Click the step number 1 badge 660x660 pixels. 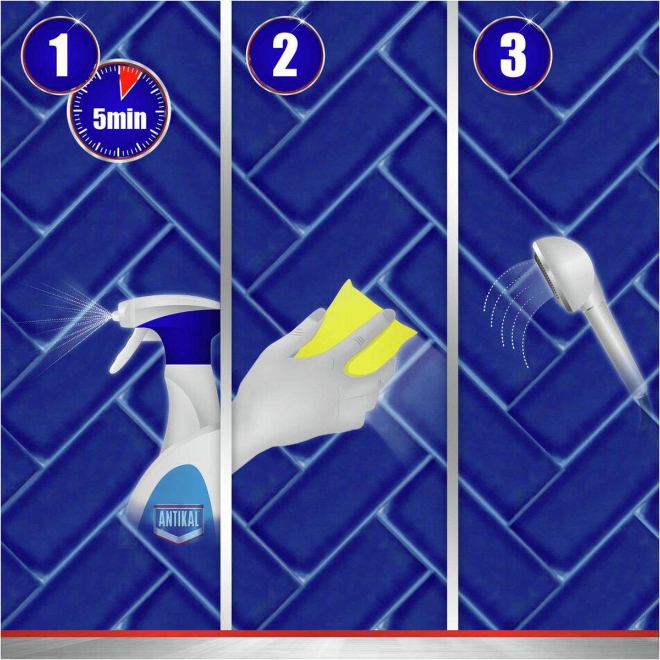[60, 55]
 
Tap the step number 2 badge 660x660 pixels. [285, 55]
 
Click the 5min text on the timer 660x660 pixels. [119, 119]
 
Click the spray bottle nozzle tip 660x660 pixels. [114, 315]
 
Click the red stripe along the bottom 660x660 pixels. [330, 634]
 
